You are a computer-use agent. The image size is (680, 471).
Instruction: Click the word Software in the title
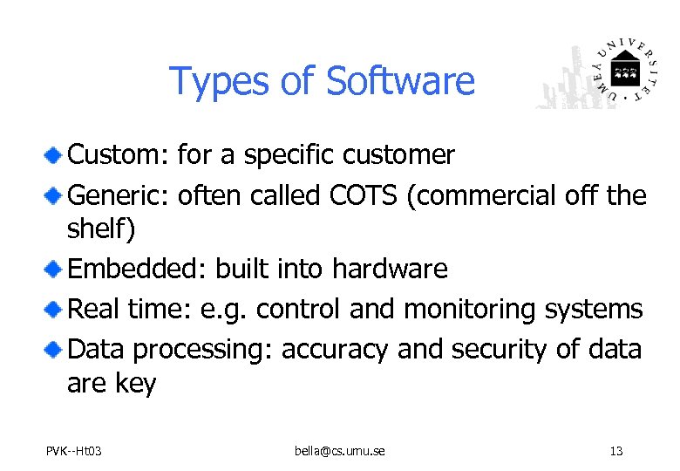[400, 81]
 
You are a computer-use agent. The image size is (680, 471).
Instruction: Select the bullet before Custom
[54, 155]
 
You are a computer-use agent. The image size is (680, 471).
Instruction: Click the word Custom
[119, 155]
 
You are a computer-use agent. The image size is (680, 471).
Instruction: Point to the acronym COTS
[364, 195]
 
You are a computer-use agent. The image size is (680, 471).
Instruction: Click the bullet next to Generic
[54, 195]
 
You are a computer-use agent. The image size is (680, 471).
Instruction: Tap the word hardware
[390, 269]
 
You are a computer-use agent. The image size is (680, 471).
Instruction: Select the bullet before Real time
[54, 309]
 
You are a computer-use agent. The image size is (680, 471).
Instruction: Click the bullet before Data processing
[54, 349]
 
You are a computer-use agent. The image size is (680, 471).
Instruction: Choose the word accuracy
[335, 349]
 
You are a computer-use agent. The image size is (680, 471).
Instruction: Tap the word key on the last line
[134, 384]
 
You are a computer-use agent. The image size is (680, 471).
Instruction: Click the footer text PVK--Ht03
[73, 451]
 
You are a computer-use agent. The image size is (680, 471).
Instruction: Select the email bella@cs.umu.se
[339, 451]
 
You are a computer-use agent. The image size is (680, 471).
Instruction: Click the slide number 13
[616, 451]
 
